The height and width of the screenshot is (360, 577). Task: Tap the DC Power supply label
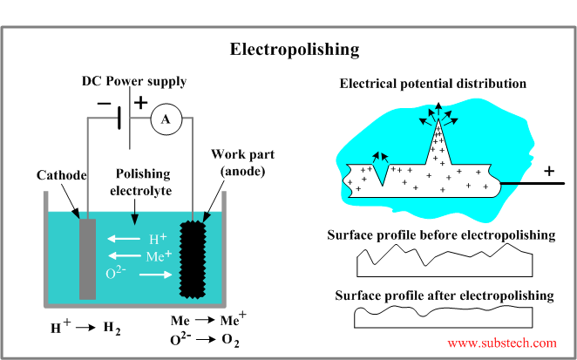(x=134, y=82)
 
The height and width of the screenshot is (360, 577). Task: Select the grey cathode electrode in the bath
(x=86, y=259)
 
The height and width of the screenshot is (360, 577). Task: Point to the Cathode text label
(x=63, y=175)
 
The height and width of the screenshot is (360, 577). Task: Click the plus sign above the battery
(x=140, y=103)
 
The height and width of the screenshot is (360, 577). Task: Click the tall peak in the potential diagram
(x=439, y=139)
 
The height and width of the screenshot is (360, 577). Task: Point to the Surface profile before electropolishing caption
(x=440, y=235)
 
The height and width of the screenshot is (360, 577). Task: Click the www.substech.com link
(x=501, y=343)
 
